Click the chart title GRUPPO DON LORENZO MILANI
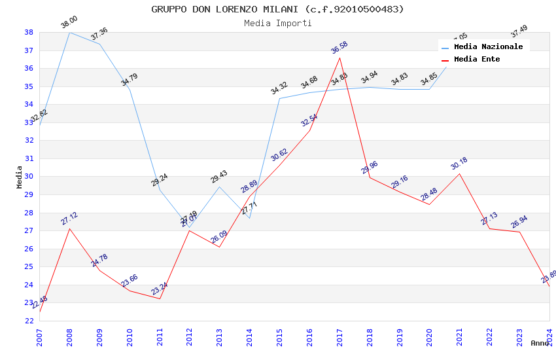pos(277,9)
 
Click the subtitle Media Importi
pos(277,24)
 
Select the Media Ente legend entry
pos(477,60)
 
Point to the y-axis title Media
pos(20,177)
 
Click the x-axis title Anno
pos(540,343)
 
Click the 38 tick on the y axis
pos(29,32)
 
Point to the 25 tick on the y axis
pos(29,267)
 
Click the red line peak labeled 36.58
pos(339,58)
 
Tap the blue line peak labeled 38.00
pos(69,32)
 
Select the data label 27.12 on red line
pos(69,219)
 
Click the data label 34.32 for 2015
pos(279,88)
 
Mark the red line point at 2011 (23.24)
pos(160,298)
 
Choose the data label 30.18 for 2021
pos(459,164)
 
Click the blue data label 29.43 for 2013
pos(219,177)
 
